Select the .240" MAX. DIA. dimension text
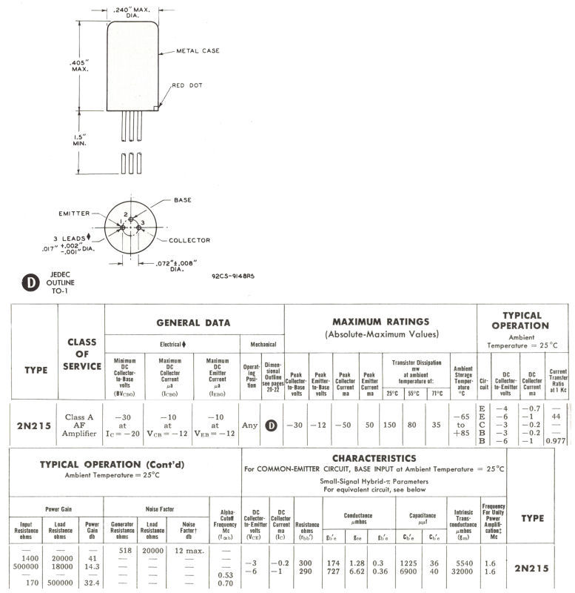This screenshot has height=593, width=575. click(132, 11)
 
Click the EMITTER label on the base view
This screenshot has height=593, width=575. click(75, 213)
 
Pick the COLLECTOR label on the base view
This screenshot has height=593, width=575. click(189, 240)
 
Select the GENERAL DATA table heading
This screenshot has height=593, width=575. click(193, 322)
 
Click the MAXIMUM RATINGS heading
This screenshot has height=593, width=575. click(380, 322)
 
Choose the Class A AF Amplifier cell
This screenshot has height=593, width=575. click(81, 425)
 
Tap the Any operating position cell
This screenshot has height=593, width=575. click(250, 425)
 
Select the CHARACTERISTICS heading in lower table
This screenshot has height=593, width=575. click(374, 459)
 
